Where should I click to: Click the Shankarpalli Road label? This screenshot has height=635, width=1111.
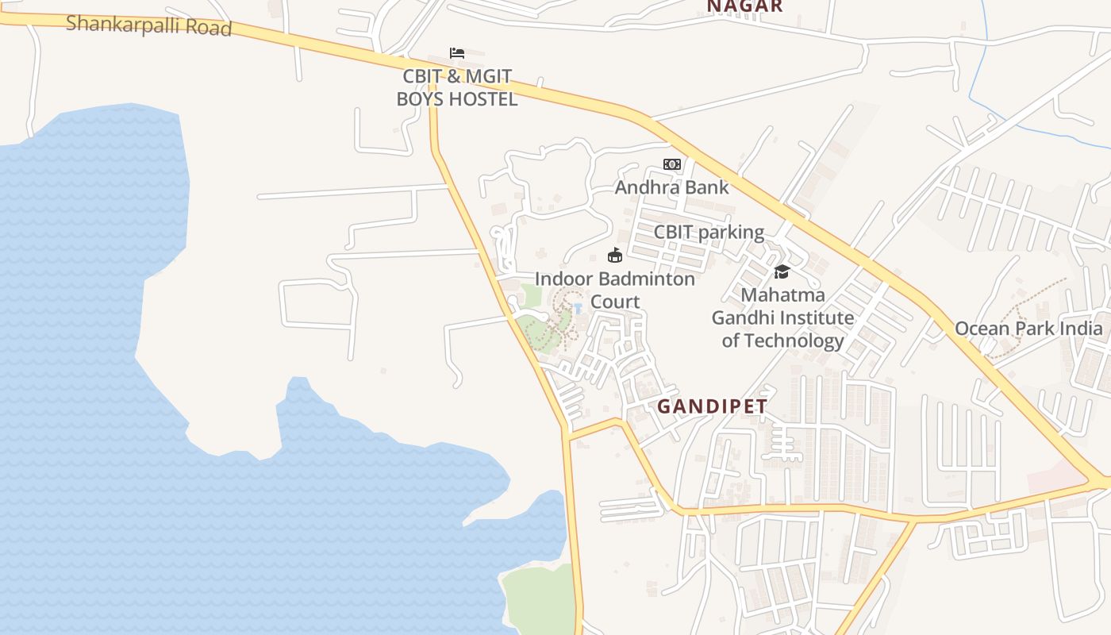point(148,25)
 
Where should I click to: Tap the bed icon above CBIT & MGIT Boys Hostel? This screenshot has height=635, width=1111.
point(456,53)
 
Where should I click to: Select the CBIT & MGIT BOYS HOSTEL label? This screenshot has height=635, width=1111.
point(456,88)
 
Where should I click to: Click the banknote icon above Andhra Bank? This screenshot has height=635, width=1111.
point(672,164)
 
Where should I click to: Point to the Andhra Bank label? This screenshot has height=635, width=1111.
point(671,188)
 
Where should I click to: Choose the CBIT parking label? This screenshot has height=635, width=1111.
point(709,233)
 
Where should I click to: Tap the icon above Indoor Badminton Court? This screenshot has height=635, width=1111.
point(615,256)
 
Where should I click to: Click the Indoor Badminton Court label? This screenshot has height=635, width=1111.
point(615,291)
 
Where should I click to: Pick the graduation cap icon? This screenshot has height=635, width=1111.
point(782,272)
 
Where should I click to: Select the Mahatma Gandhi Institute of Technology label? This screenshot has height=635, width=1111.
point(782,317)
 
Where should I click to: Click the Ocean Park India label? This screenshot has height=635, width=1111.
point(1028,329)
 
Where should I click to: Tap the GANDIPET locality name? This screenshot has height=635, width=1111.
point(713,406)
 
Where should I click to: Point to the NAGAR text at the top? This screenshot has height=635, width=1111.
point(744,6)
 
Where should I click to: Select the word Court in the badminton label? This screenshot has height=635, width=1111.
point(615,302)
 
